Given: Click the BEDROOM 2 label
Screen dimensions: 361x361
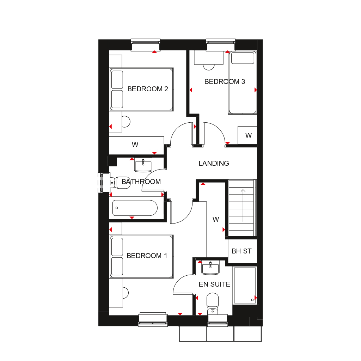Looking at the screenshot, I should (x=147, y=89).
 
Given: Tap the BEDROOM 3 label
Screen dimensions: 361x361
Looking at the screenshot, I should (x=225, y=82).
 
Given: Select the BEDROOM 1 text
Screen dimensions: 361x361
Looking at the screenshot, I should (x=147, y=256).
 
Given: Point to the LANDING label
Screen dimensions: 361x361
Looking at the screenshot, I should (x=214, y=164).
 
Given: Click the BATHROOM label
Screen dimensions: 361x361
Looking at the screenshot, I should (x=141, y=182).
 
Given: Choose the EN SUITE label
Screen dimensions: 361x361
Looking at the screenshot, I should (x=214, y=284).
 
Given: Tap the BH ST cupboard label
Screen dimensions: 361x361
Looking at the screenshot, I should (x=241, y=251).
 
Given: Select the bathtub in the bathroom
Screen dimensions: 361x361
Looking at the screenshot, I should (x=135, y=208).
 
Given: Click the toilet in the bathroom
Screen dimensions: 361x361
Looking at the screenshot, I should (x=118, y=182).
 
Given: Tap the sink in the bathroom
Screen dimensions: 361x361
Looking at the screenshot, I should (x=143, y=164).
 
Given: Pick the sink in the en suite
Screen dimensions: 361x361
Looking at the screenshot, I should (x=210, y=268).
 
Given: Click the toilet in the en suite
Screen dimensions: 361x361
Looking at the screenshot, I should (x=212, y=303).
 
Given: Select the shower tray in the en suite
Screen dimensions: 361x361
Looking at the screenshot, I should (x=245, y=285).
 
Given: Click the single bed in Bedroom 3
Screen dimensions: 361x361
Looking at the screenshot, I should (x=242, y=83).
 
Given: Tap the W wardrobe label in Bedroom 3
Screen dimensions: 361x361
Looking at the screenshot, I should (x=249, y=135).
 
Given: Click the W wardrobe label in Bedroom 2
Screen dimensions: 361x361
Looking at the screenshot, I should (x=135, y=145).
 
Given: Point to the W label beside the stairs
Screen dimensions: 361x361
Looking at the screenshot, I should (x=216, y=220).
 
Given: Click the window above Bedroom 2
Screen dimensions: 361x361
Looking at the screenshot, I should (x=146, y=45).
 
